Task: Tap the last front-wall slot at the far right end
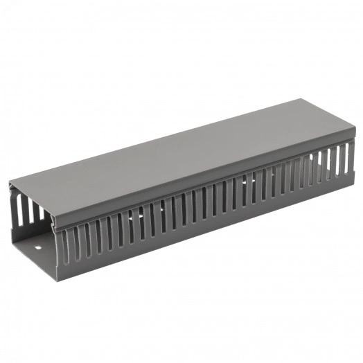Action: (x=346, y=159)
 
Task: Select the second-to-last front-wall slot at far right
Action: (x=338, y=161)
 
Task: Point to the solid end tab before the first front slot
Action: (x=60, y=249)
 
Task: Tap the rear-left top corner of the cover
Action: (x=10, y=184)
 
